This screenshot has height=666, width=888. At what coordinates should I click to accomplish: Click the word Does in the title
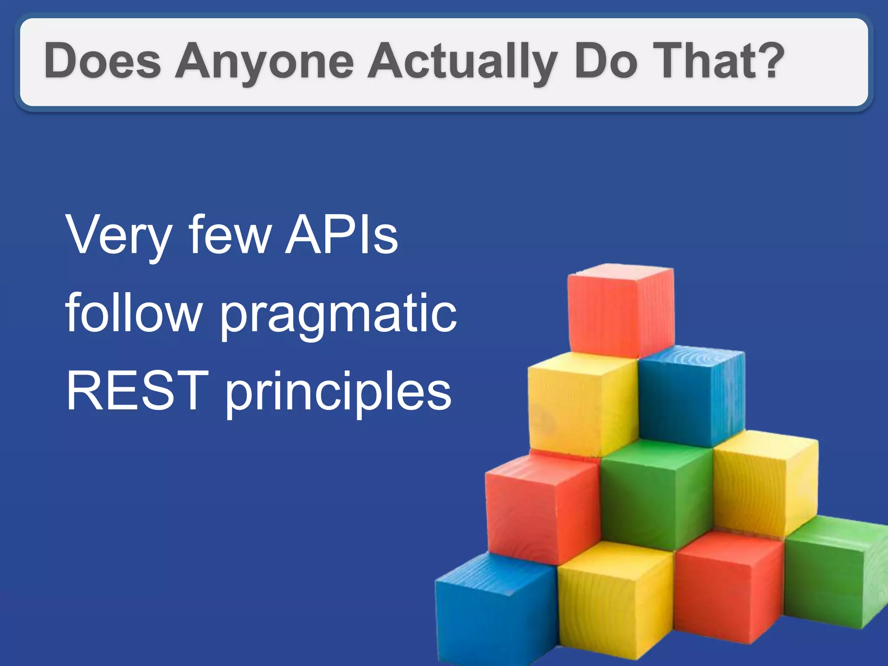point(102,61)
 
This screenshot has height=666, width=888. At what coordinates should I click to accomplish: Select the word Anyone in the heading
point(264,62)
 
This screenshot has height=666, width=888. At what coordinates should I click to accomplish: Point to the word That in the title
point(700,61)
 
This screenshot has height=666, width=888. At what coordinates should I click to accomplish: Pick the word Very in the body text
point(118,236)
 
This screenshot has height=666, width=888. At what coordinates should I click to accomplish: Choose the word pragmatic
point(339,316)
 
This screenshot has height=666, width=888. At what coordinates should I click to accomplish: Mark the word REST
point(134,390)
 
